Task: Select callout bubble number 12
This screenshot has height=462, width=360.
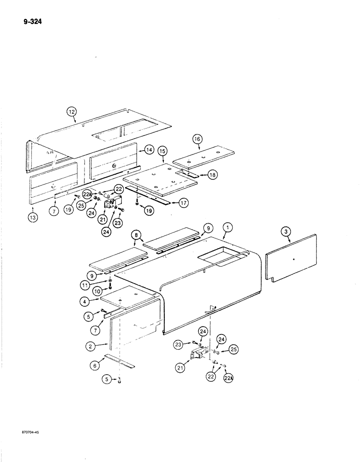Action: pyautogui.click(x=71, y=111)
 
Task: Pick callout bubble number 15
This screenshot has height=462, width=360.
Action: pyautogui.click(x=162, y=151)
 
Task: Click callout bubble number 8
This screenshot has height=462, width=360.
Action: pyautogui.click(x=137, y=235)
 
